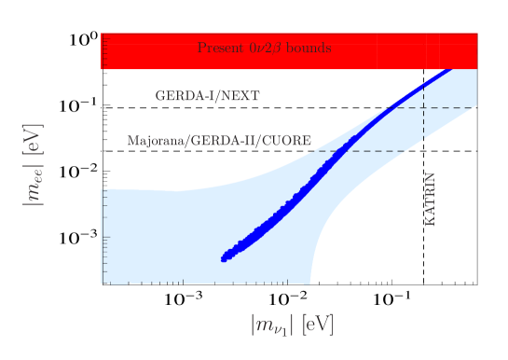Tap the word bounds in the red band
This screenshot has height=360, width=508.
click(x=310, y=48)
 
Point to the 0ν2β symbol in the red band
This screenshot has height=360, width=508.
click(x=263, y=48)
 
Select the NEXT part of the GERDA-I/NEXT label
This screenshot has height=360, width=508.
click(x=242, y=96)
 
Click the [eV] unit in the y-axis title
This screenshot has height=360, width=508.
click(x=38, y=138)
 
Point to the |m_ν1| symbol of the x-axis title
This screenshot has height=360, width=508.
click(x=272, y=325)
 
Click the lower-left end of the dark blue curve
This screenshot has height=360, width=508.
click(x=225, y=258)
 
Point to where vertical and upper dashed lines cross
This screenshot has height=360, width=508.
click(x=424, y=107)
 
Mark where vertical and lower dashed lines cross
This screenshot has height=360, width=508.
click(x=424, y=151)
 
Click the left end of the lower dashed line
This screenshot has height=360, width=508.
click(x=315, y=151)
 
